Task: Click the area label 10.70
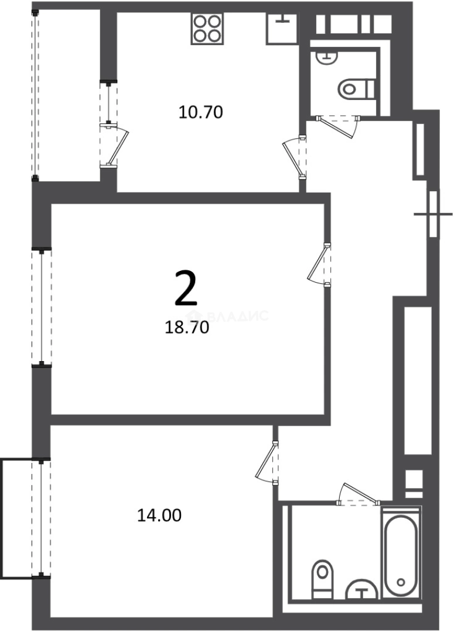tap(200, 112)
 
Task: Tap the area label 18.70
tap(187, 328)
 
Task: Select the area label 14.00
tap(159, 515)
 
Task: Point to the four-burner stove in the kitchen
tap(207, 29)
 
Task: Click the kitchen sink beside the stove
tap(282, 28)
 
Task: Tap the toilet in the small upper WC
tap(357, 88)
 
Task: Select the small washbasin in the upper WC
tap(326, 57)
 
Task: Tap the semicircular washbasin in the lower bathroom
tap(363, 590)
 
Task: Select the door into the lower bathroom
tap(359, 494)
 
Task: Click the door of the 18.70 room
tap(319, 265)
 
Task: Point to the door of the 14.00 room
tap(267, 462)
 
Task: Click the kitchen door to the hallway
tap(295, 158)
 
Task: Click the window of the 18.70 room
tap(42, 308)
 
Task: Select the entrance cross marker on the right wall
tap(433, 214)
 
